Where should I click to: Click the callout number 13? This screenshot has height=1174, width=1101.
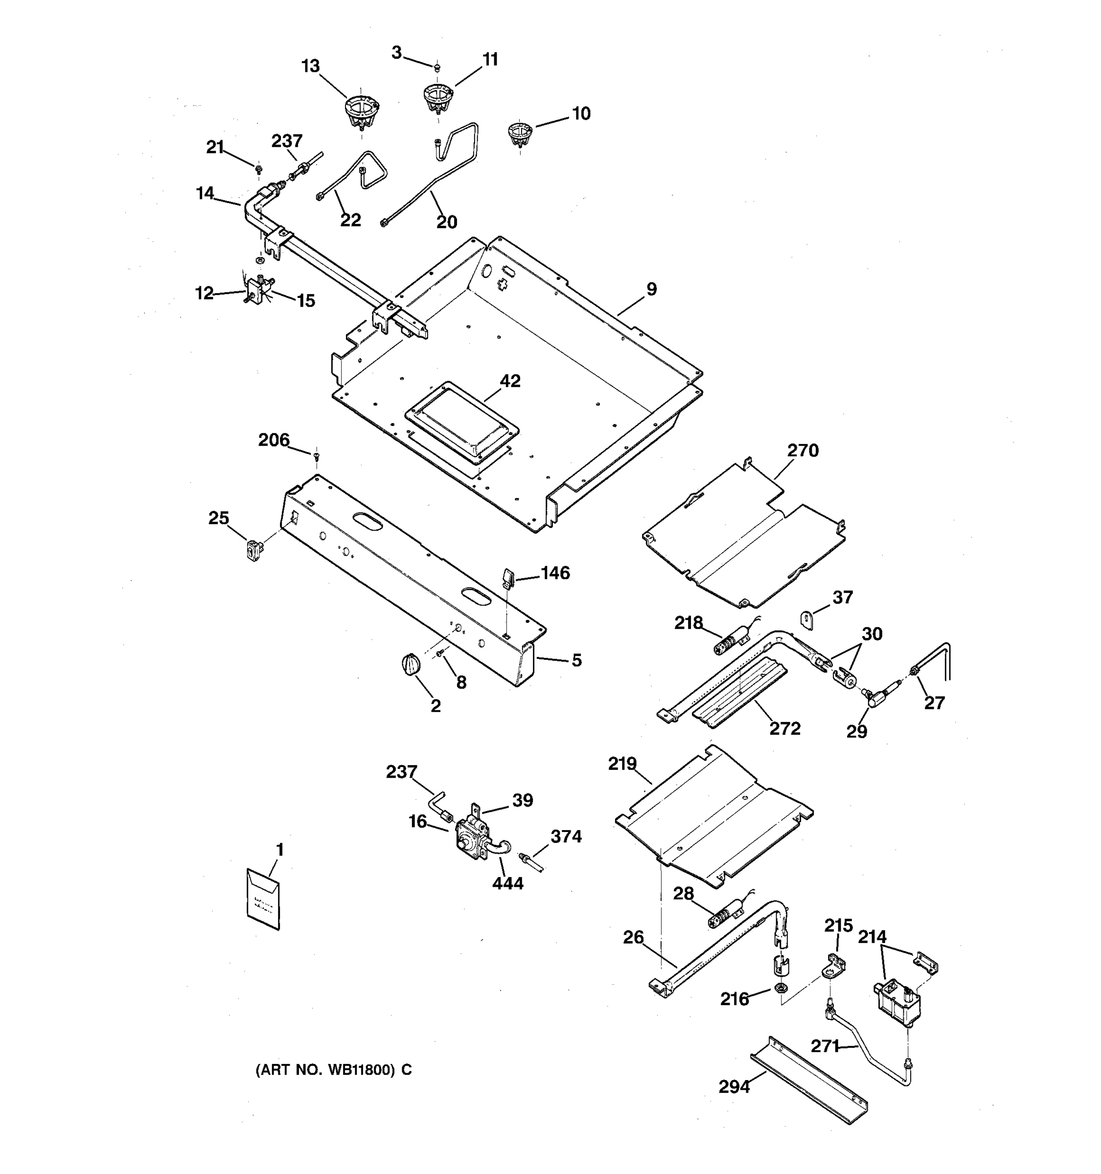[310, 66]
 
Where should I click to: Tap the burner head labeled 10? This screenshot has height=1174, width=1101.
[520, 135]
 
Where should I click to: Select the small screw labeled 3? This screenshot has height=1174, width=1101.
[437, 68]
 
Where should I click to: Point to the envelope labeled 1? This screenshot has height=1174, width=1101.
[263, 899]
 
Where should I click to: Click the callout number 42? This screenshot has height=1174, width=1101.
[510, 381]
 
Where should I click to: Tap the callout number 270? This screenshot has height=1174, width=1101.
[803, 451]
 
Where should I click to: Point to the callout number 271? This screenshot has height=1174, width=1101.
[825, 1046]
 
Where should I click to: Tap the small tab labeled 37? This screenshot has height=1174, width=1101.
[807, 620]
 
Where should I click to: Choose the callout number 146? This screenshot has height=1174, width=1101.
[555, 573]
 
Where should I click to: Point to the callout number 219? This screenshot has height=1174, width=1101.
[622, 764]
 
